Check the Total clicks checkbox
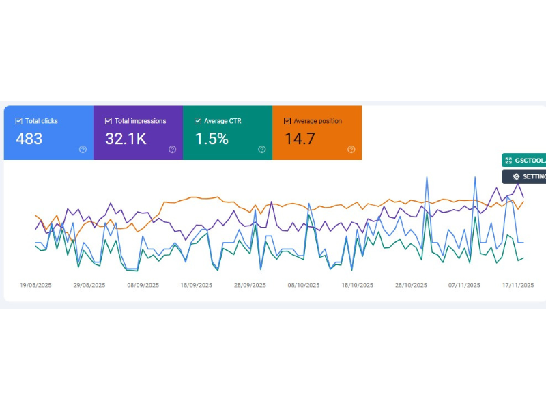(18, 121)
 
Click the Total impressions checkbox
(109, 121)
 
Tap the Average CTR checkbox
(198, 121)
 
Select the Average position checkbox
(287, 121)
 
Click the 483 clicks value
(29, 139)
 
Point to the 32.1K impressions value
(126, 139)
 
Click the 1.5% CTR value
(211, 139)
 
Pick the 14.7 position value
(300, 139)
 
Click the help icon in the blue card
(83, 150)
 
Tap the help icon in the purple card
(173, 150)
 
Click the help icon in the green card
(262, 150)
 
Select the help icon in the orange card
(351, 150)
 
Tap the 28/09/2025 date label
(250, 286)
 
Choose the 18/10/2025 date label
(358, 286)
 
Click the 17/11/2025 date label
(517, 286)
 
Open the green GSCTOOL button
(524, 160)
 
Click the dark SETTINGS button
(524, 177)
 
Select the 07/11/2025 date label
(465, 286)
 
